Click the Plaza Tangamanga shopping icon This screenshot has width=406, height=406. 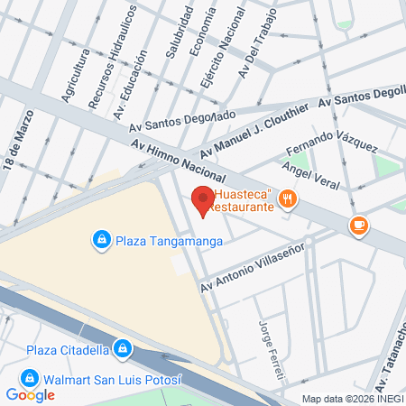tap(101, 239)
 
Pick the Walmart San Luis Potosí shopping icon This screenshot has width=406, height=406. tap(29, 377)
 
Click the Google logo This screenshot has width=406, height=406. tap(31, 394)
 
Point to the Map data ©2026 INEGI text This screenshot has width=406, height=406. tap(353, 399)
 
